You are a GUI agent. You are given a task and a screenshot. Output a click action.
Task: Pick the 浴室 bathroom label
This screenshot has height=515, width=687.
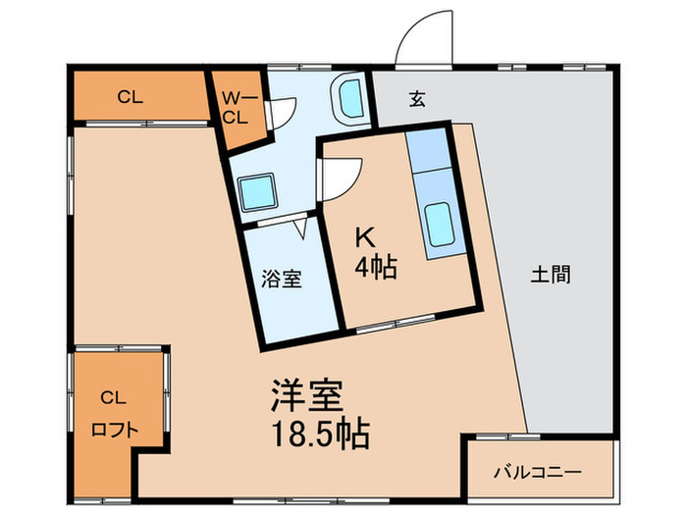click(282, 280)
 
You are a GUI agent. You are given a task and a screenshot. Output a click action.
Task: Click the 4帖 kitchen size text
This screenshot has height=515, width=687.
click(376, 267)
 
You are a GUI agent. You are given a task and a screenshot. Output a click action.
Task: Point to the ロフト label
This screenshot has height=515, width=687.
click(114, 429)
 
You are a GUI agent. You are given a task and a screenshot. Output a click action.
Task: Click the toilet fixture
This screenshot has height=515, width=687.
click(348, 101)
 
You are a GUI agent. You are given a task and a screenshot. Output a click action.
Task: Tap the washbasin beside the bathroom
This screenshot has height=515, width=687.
click(258, 190)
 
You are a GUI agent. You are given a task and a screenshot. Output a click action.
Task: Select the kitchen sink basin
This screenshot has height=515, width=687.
click(439, 219)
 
